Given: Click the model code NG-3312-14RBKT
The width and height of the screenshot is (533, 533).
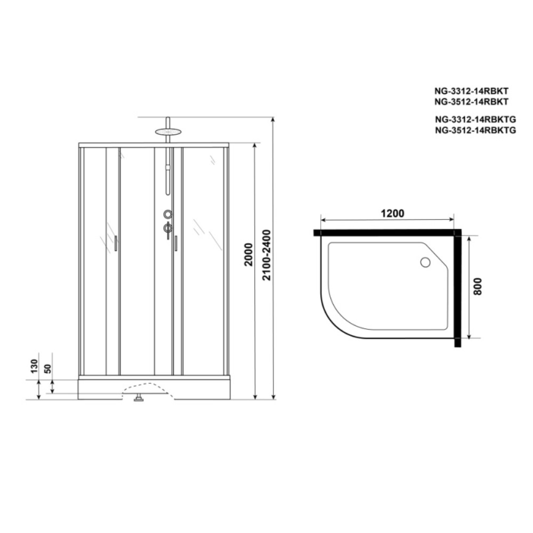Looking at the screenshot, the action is click(471, 91).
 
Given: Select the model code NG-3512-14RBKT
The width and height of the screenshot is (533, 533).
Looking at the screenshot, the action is click(471, 102).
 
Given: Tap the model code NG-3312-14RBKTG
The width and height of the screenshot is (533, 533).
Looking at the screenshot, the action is click(475, 119).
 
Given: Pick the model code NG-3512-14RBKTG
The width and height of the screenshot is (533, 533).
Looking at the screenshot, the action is click(475, 130).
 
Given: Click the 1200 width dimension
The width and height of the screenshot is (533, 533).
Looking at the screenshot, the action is click(392, 214).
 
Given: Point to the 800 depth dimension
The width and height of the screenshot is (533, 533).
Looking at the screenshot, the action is click(477, 286).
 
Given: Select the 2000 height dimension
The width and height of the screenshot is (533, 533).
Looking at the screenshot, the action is click(249, 255).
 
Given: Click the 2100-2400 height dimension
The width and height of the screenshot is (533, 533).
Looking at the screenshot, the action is click(267, 255).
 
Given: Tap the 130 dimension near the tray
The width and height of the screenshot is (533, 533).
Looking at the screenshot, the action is click(34, 366).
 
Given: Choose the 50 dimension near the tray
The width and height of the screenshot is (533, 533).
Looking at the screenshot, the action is click(48, 368).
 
